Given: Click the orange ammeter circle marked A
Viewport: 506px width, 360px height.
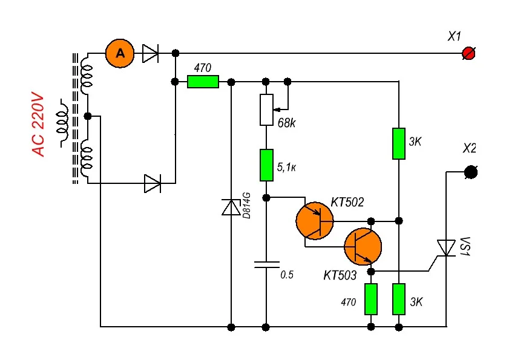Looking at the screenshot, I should pos(120,54).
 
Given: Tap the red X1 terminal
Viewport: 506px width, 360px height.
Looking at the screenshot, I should pos(467,54).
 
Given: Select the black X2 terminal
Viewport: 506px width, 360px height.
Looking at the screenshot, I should pos(470,172).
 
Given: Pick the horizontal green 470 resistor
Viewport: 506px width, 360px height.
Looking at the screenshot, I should pos(203,82).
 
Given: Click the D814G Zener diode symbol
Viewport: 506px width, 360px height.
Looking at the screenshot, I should pos(231,208).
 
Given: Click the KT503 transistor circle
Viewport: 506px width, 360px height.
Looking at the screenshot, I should pos(363,246).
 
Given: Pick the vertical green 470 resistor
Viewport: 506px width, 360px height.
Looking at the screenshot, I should pos(371,299).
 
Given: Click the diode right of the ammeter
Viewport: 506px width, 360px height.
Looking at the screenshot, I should pos(150,54).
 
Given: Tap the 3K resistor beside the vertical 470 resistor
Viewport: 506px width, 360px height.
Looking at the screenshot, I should pos(398,299).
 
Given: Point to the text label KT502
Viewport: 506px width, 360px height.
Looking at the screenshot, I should pos(347,202).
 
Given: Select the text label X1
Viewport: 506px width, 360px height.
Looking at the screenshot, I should pos(455,37).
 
